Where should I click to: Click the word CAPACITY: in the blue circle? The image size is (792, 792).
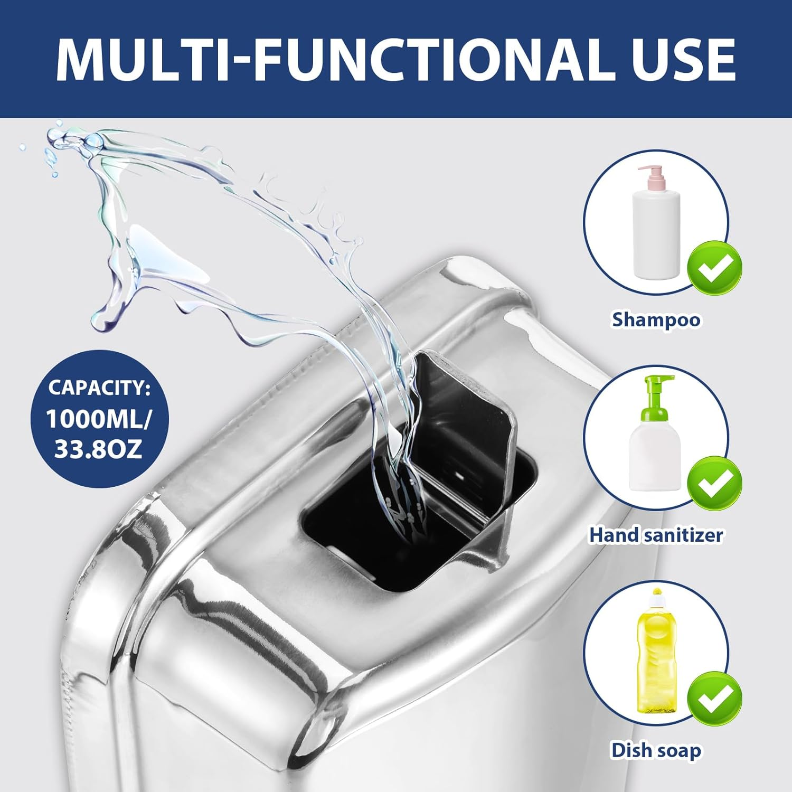pyautogui.click(x=99, y=388)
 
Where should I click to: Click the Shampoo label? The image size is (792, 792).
pyautogui.click(x=656, y=319)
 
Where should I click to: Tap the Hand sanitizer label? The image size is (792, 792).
pyautogui.click(x=656, y=535)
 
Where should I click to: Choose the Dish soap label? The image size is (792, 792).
pyautogui.click(x=656, y=750)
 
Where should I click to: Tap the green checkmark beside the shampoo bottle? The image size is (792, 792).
pyautogui.click(x=714, y=268)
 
